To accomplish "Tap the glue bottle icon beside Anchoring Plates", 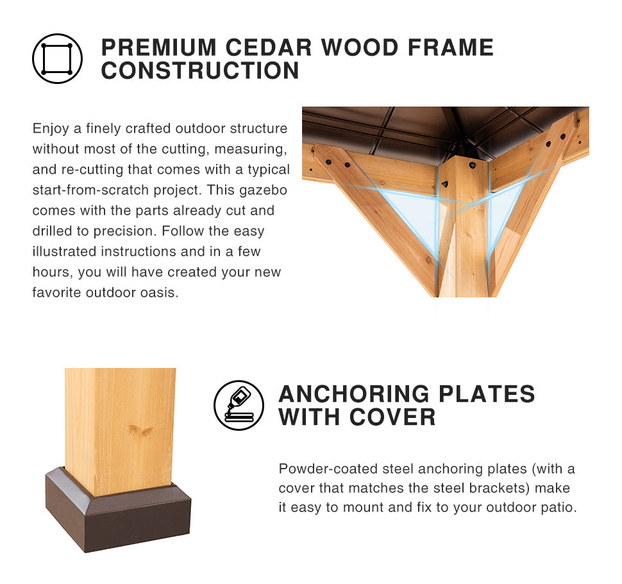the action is point(239,405).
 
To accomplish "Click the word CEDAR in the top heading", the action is point(269,47).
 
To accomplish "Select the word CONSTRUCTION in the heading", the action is point(200,71).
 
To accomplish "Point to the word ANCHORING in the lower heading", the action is point(354,394).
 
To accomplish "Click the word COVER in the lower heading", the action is point(392,417).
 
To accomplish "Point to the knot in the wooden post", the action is point(140,430).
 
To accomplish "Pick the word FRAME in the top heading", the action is point(451,47).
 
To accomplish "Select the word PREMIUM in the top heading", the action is point(158,47).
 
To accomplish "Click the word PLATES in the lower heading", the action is point(487,394).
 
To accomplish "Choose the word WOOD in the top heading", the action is point(360,47).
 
